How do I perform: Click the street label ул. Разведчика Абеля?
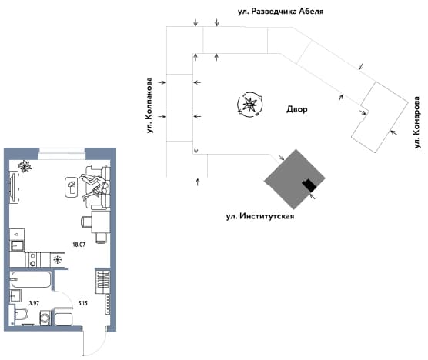click(x=281, y=12)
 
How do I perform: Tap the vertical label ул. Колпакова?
click(x=149, y=105)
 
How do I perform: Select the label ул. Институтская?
click(x=260, y=216)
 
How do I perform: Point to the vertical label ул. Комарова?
click(x=416, y=122)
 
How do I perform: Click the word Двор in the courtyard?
click(x=296, y=109)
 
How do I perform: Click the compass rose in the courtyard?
click(x=249, y=105)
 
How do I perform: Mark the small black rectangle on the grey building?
click(x=309, y=185)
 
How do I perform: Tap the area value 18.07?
click(x=79, y=245)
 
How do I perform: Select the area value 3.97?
click(x=34, y=303)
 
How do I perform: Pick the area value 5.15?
click(x=82, y=303)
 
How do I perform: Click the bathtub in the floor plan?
click(x=30, y=279)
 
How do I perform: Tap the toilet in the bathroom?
click(x=22, y=315)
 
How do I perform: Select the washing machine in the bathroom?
click(x=45, y=318)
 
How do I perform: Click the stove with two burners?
click(x=33, y=259)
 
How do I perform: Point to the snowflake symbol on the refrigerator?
click(x=58, y=260)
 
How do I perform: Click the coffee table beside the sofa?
click(x=72, y=187)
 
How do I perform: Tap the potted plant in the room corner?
click(x=25, y=166)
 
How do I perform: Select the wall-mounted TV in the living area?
click(x=13, y=188)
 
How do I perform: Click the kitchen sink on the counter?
click(x=17, y=245)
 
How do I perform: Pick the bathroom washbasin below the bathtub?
click(x=15, y=296)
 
